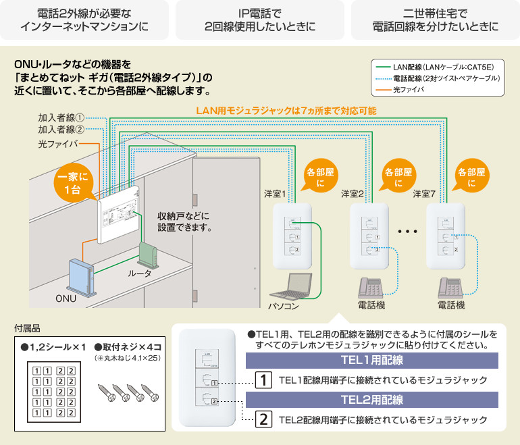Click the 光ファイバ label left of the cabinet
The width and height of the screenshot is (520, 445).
58,144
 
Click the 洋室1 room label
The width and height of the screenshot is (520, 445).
276,194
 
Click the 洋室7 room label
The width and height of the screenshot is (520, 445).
425,194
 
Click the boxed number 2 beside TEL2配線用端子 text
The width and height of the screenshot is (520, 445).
264,419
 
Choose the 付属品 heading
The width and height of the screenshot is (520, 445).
27,329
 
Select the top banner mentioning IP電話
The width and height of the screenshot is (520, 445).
260,20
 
